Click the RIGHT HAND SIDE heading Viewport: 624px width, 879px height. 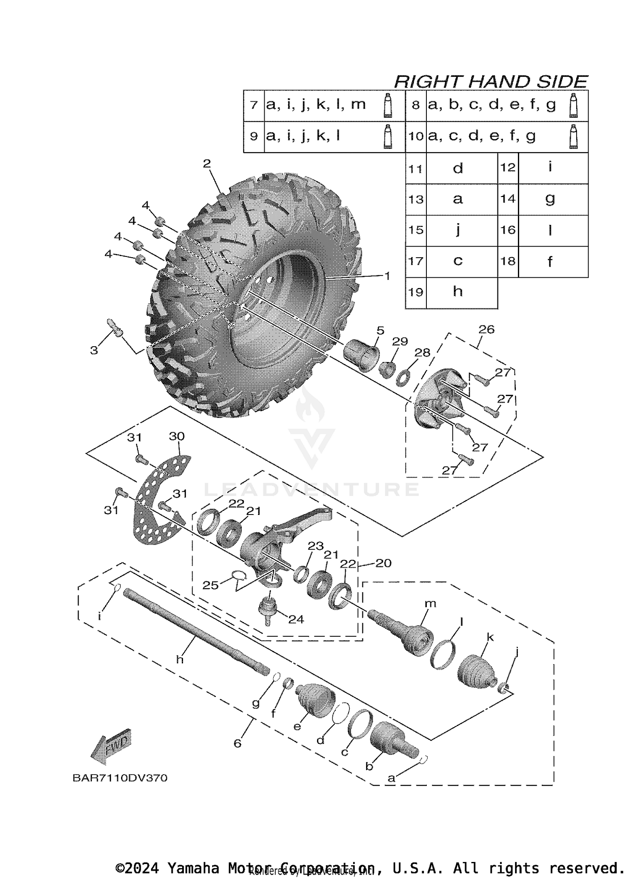[490, 81]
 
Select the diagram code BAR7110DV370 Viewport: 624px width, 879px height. [120, 778]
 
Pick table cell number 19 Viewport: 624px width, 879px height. [416, 293]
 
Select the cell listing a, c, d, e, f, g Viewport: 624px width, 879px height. [483, 137]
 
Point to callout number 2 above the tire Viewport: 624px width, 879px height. [207, 164]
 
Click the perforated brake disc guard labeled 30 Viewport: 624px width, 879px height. [160, 499]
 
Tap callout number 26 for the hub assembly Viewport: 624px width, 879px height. [486, 330]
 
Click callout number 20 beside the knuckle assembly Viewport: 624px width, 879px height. [383, 563]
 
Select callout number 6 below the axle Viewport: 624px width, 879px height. [238, 743]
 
